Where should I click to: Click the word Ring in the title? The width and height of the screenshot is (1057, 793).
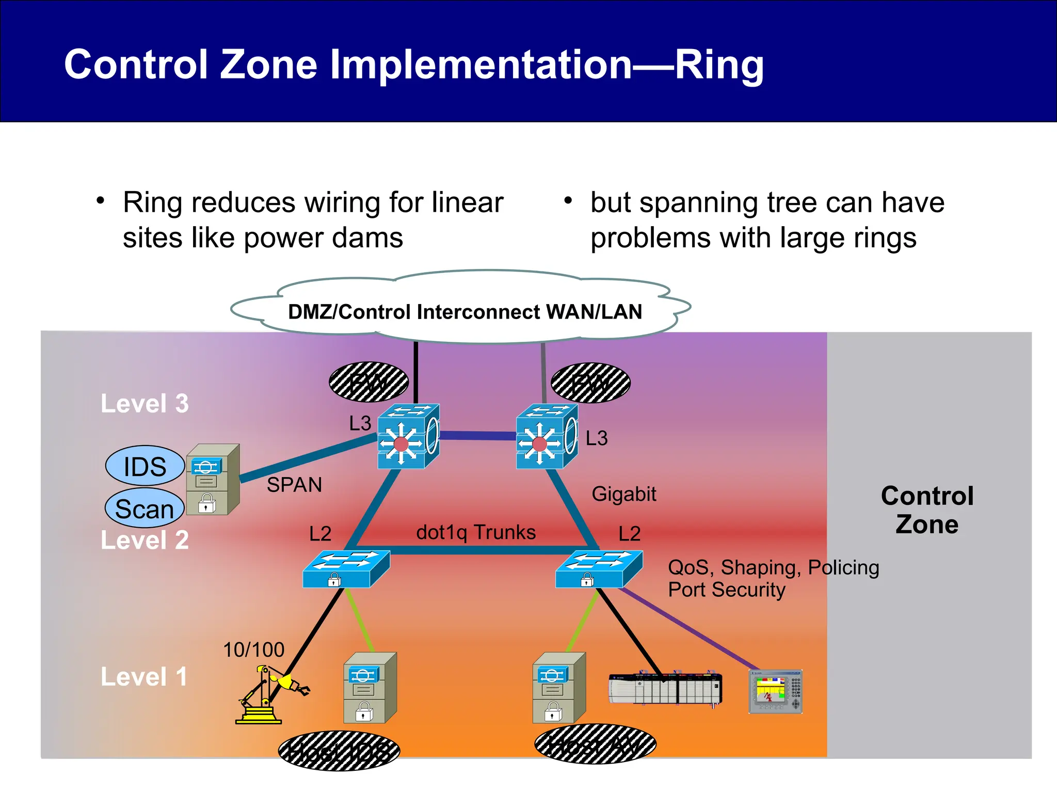pos(718,66)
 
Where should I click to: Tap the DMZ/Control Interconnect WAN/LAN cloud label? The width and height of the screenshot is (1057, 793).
pos(465,312)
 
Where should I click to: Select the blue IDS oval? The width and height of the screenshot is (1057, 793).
pos(145,466)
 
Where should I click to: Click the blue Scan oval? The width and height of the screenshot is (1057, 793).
pos(145,509)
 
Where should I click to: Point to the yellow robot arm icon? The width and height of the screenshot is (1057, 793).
pos(271,695)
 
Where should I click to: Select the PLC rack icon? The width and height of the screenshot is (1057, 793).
pos(665,689)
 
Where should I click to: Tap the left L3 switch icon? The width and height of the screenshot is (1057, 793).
pos(408,437)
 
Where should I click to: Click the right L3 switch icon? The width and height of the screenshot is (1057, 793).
pos(547,437)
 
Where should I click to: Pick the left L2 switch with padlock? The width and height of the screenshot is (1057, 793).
pos(346,569)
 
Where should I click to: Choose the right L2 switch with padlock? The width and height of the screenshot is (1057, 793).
pos(599,569)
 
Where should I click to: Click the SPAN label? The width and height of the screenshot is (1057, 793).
pos(294,485)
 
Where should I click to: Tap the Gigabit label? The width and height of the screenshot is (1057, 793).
pos(623,494)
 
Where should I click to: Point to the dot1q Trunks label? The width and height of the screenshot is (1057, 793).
pos(476,532)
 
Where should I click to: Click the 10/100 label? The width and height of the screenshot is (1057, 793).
pos(253,649)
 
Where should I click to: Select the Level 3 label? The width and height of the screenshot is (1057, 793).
pos(145,403)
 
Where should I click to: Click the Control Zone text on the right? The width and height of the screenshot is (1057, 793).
pos(927,510)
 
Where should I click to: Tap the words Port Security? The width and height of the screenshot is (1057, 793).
pos(726,590)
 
